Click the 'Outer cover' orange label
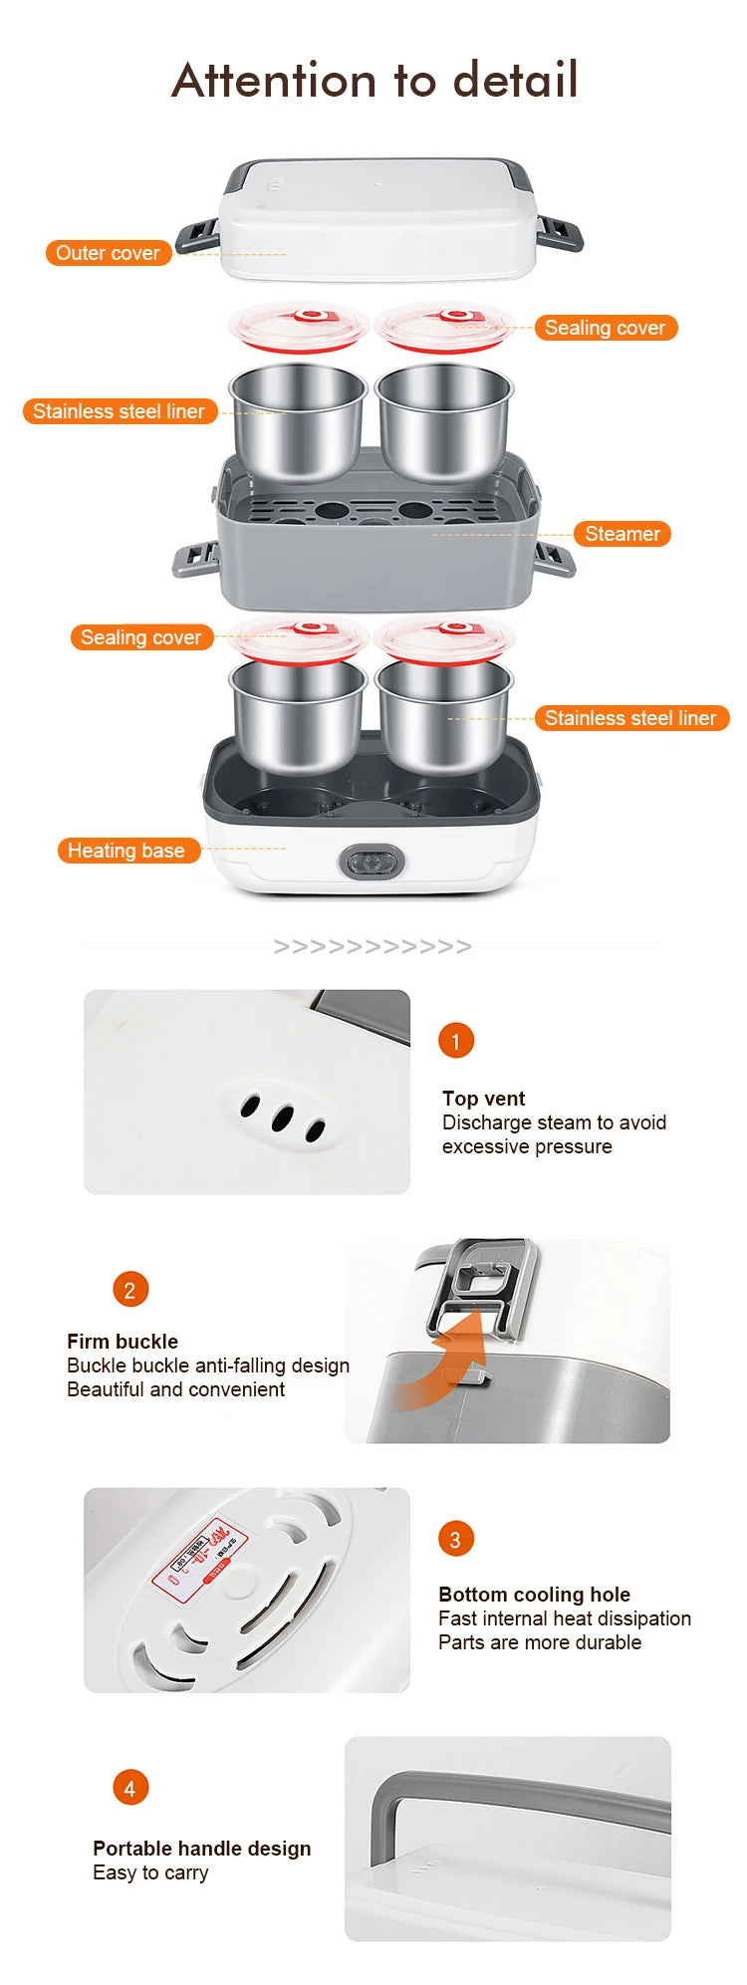point(108,253)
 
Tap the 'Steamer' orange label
point(622,534)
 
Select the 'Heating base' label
point(126,851)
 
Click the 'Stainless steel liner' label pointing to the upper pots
point(119,411)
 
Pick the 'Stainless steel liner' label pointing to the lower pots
point(630,718)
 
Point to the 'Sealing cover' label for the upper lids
point(605,328)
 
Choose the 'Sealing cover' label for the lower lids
point(140,637)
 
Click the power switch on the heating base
point(373,862)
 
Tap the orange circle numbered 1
point(456,1041)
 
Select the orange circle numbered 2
point(129,1290)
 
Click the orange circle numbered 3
point(456,1539)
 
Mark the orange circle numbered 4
point(129,1788)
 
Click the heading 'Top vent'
point(483,1099)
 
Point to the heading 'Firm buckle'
point(123,1342)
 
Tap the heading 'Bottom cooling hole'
point(534,1595)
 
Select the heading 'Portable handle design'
point(201,1849)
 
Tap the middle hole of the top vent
point(282,1118)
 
